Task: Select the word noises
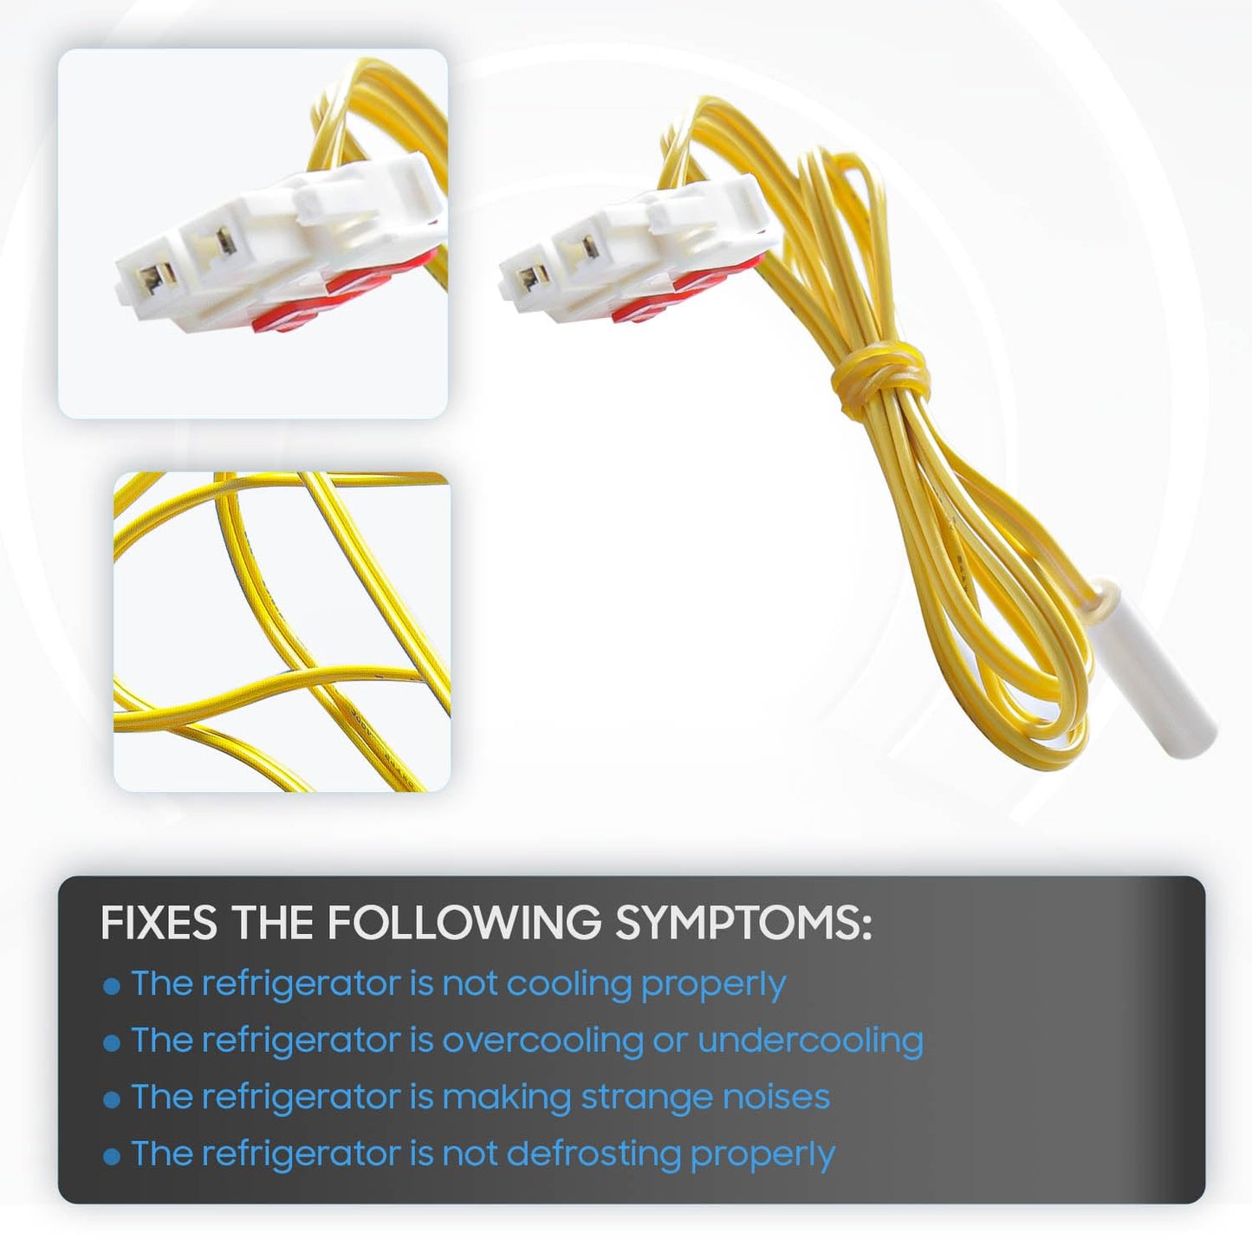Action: [768, 1097]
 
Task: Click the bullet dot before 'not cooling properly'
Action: [112, 987]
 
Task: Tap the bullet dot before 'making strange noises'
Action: [112, 1100]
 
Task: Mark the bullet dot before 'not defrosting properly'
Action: [112, 1158]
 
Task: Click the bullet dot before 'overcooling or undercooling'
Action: [112, 1043]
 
